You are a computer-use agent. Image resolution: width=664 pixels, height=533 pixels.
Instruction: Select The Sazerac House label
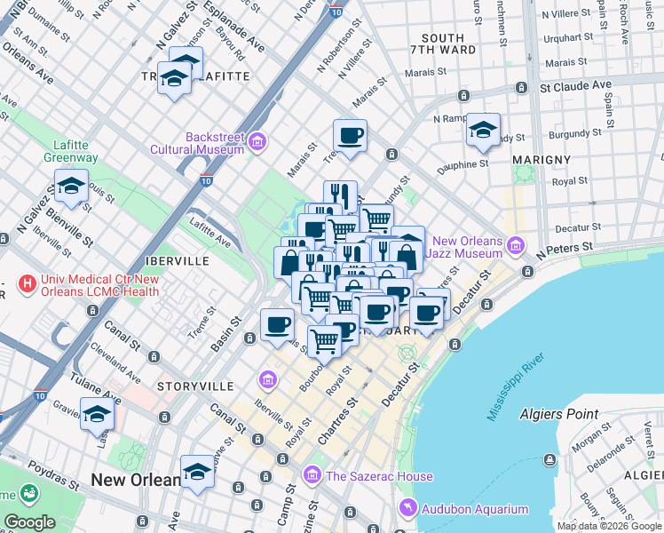[x=379, y=476]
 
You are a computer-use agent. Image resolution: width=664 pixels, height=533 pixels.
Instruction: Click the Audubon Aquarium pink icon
[x=407, y=509]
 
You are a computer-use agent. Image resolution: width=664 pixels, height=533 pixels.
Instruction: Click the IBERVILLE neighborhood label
[x=176, y=262]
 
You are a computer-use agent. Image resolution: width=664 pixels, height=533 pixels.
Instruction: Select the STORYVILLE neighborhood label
[x=194, y=386]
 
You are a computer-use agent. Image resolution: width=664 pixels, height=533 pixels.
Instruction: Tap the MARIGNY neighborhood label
[x=541, y=159]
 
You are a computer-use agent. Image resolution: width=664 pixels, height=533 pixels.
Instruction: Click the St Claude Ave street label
[x=576, y=87]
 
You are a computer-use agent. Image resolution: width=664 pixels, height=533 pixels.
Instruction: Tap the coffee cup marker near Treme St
[x=350, y=136]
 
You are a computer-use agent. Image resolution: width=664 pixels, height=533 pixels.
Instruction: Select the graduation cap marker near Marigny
[x=483, y=130]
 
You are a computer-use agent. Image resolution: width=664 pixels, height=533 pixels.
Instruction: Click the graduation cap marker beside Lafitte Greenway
[x=71, y=187]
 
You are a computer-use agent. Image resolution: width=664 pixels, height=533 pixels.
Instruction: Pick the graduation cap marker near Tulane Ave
[x=98, y=413]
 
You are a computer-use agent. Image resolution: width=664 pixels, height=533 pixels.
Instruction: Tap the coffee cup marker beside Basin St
[x=278, y=324]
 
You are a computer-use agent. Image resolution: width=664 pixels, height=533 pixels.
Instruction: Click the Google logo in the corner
[x=30, y=522]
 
